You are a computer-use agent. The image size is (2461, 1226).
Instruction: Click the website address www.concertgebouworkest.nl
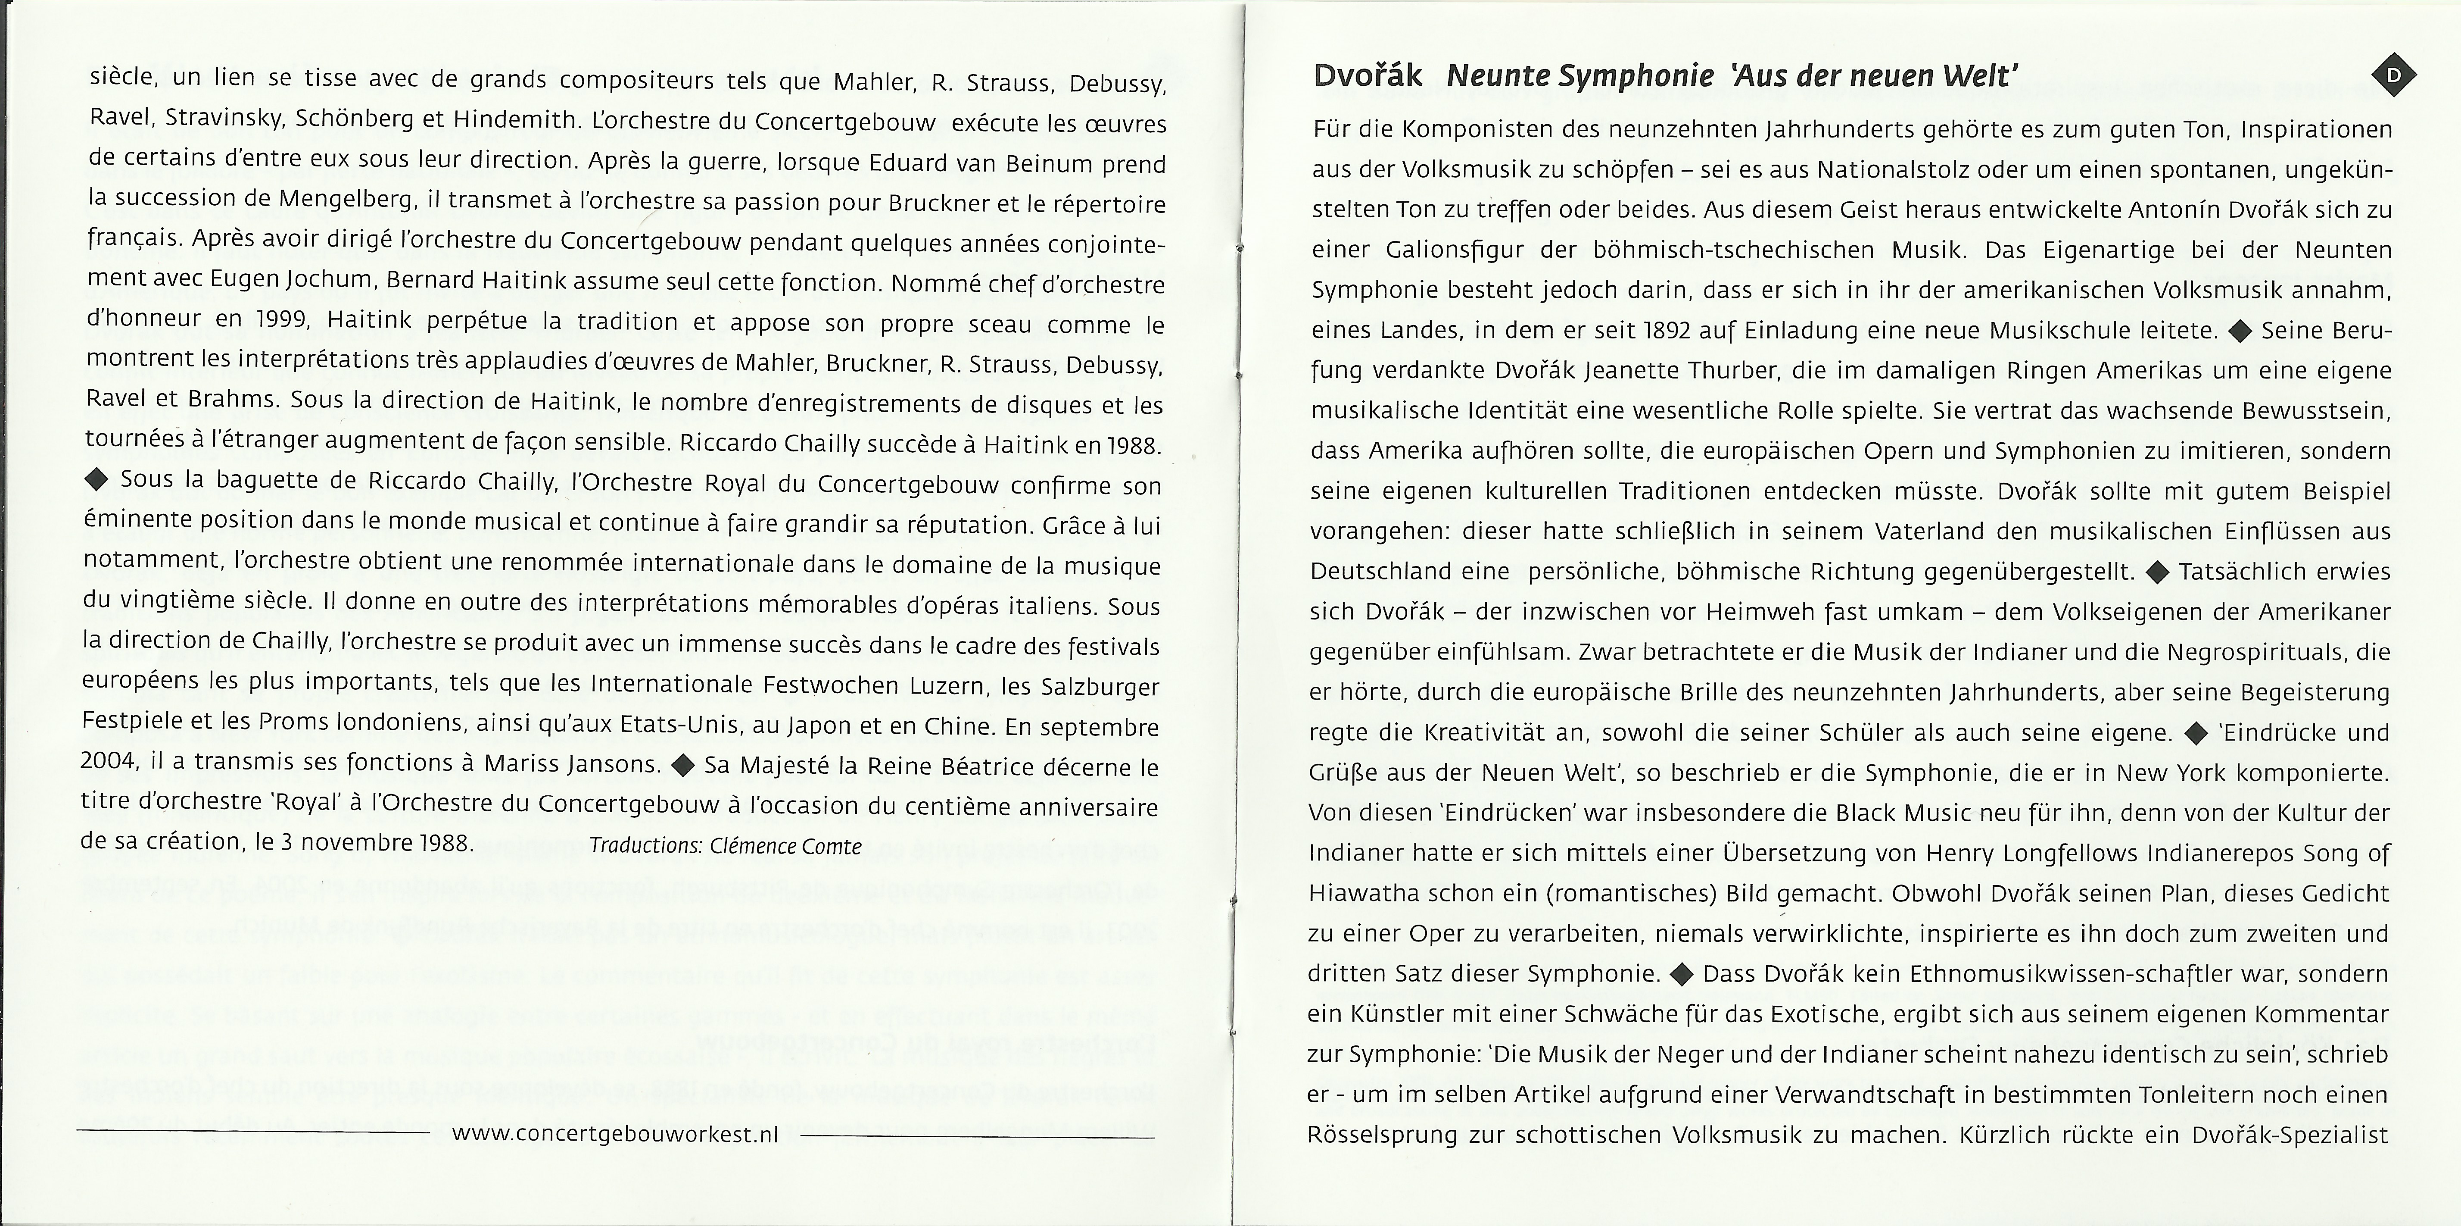coord(615,1134)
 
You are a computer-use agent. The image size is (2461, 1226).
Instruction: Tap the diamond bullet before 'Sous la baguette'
coord(97,480)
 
